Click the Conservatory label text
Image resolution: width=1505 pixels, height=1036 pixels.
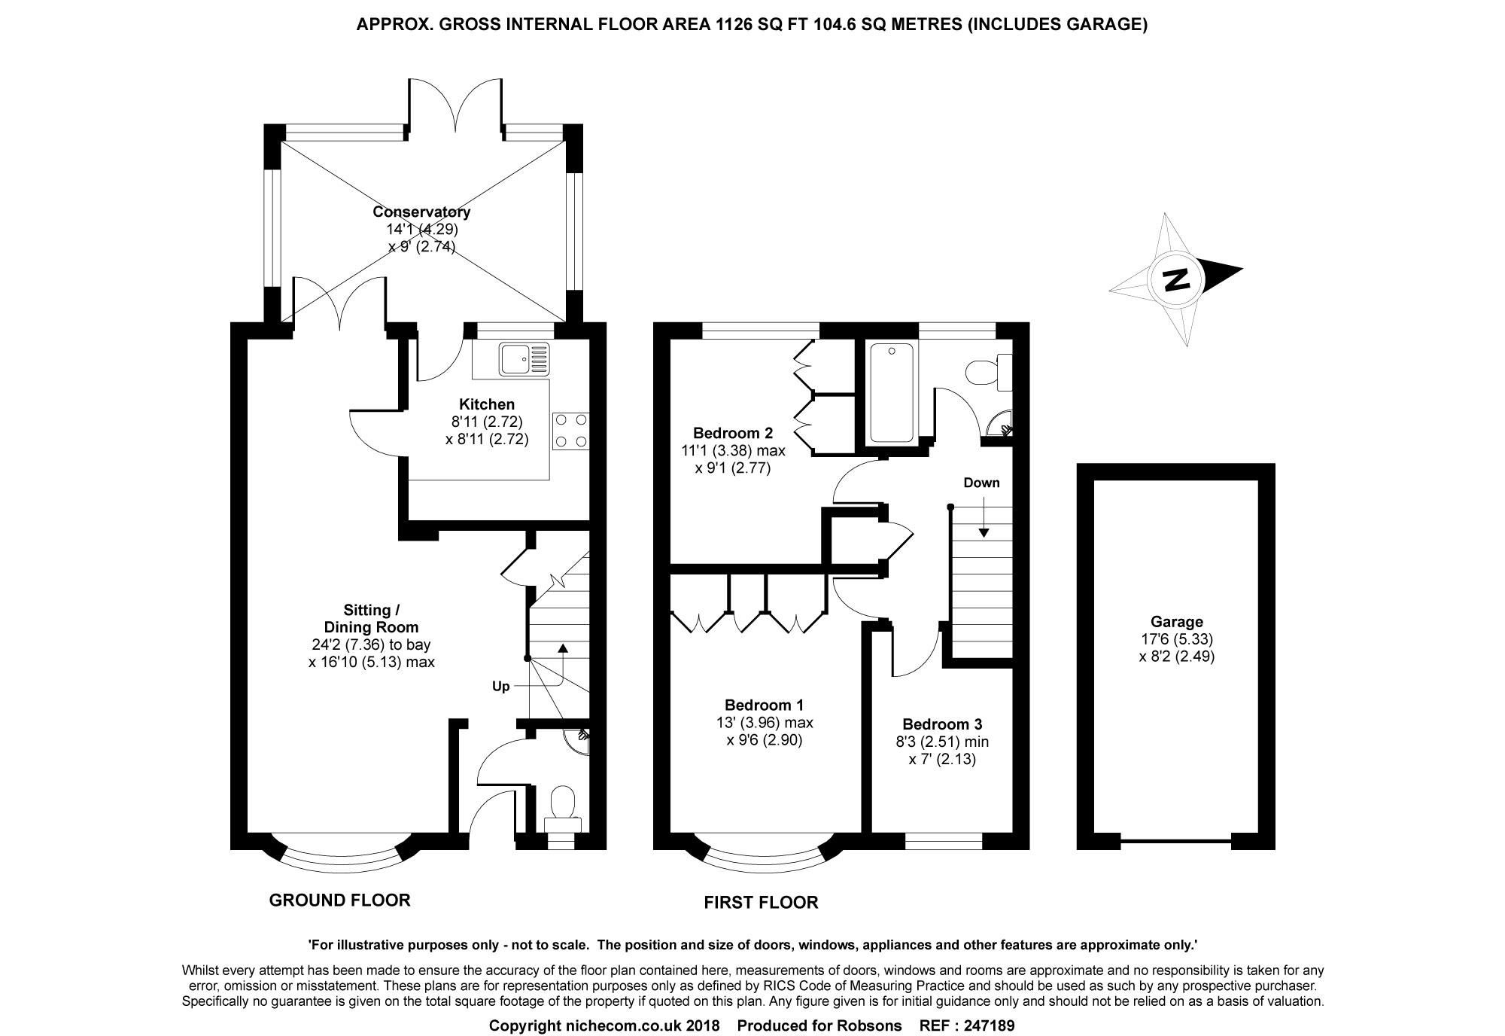point(421,212)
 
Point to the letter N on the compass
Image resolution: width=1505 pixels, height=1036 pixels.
point(1175,279)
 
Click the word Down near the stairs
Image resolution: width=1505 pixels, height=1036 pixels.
point(981,483)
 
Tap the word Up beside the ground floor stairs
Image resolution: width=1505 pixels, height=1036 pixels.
point(500,686)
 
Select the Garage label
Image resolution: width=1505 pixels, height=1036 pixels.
point(1176,622)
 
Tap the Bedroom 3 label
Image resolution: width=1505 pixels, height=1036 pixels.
point(942,724)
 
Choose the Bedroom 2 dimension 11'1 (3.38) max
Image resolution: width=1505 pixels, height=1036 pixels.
point(728,451)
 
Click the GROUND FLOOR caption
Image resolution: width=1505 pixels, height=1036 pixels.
point(339,900)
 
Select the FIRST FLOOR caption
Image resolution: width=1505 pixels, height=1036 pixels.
point(760,902)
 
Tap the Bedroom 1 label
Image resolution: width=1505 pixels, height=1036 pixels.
point(764,705)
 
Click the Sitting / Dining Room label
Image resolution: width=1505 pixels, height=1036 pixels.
point(371,618)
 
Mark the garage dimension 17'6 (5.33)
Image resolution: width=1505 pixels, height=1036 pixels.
point(1176,639)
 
